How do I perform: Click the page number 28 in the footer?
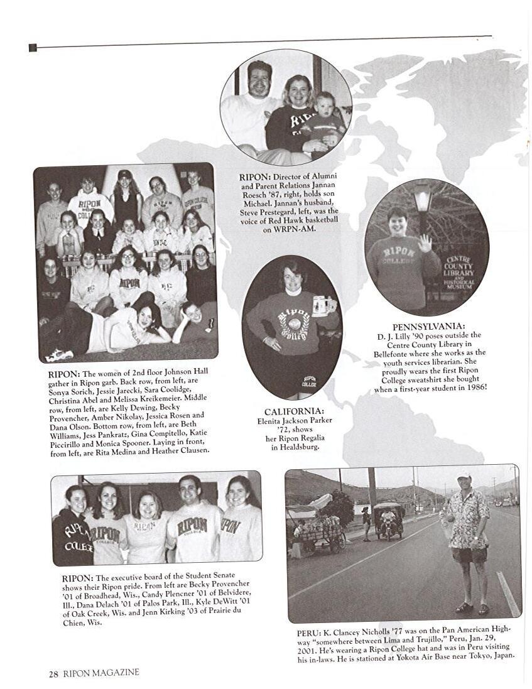(x=53, y=673)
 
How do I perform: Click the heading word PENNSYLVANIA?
(x=428, y=327)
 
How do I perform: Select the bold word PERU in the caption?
(x=308, y=633)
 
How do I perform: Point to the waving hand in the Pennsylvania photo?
(x=425, y=242)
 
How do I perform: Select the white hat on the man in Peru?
(x=464, y=475)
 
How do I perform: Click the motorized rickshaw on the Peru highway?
(x=388, y=519)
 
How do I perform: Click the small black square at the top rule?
(x=33, y=48)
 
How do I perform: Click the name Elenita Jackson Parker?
(x=294, y=421)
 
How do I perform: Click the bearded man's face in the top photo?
(x=259, y=79)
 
